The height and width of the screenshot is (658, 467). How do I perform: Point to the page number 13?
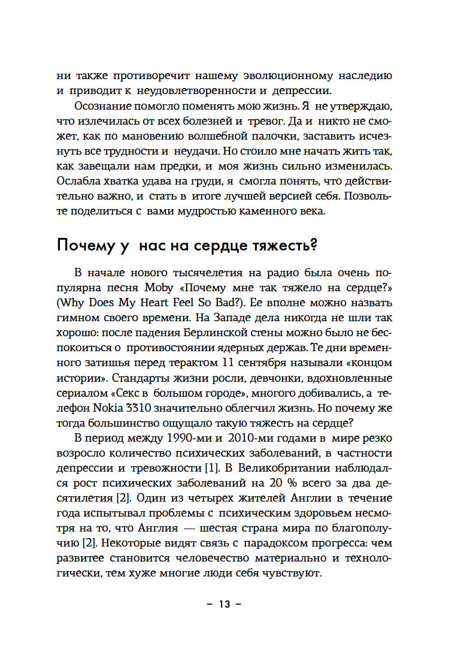(224, 603)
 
